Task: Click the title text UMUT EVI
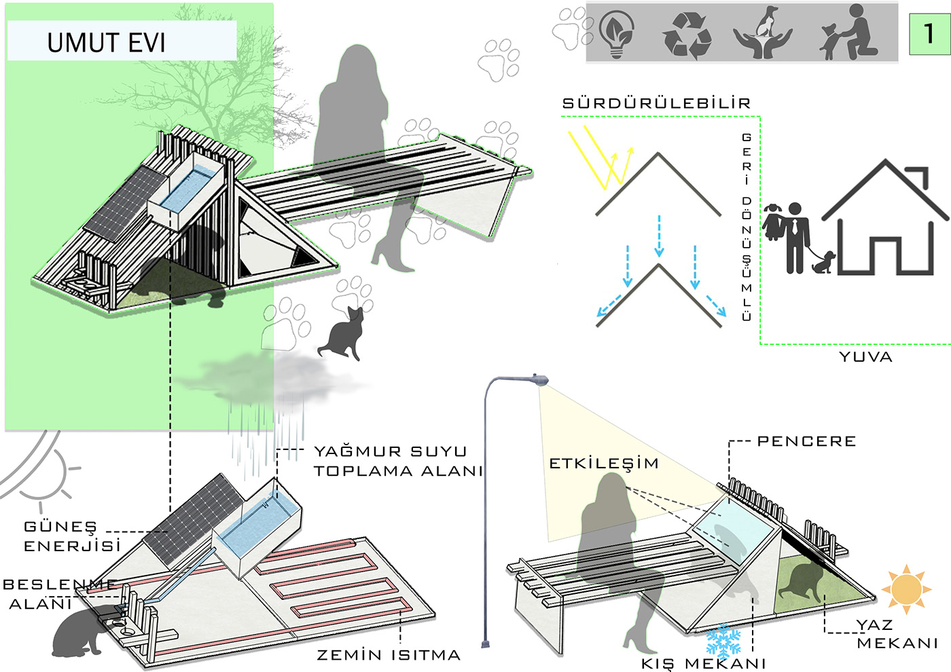[x=106, y=43]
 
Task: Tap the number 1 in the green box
[x=929, y=33]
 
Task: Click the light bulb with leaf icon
[x=617, y=33]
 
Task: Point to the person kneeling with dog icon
[x=848, y=33]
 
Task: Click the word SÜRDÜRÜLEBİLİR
[x=656, y=103]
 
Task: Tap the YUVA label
[x=866, y=357]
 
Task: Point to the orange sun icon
[x=906, y=589]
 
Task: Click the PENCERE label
[x=807, y=441]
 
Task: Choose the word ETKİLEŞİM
[x=604, y=463]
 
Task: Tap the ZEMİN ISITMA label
[x=389, y=655]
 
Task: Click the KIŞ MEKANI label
[x=703, y=664]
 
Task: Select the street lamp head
[x=540, y=379]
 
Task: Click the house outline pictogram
[x=886, y=217]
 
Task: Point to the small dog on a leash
[x=823, y=263]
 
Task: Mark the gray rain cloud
[x=272, y=377]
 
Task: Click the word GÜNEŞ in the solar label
[x=60, y=527]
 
